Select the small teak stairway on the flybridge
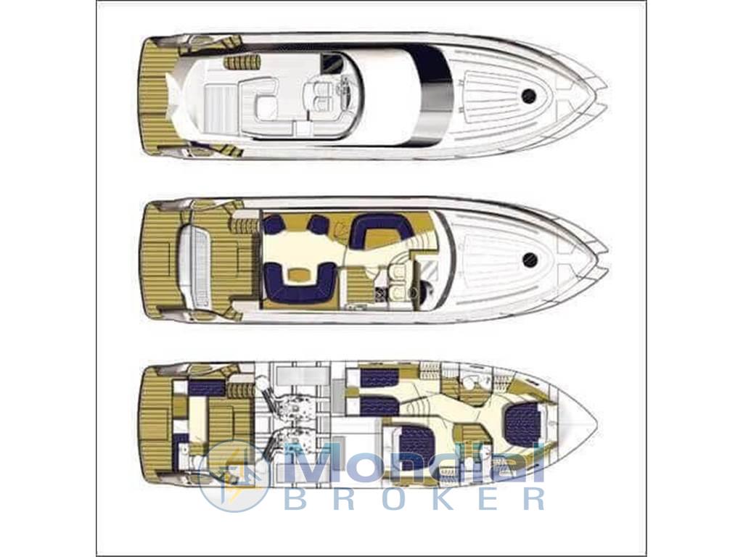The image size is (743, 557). (x=242, y=62)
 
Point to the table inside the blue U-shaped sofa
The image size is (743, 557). (x=298, y=273)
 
